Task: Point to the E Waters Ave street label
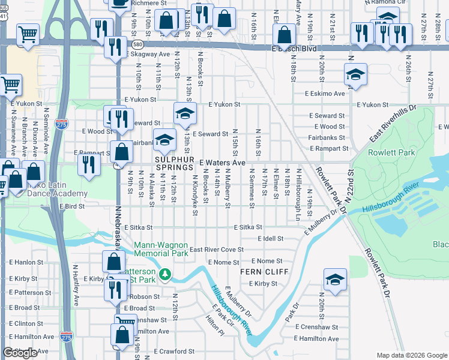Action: coord(223,163)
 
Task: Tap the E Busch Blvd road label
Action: coord(294,48)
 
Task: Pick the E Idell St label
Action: coord(274,239)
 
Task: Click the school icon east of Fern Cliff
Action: coord(335,279)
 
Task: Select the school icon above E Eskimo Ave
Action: coord(356,75)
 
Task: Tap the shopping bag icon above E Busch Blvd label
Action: coord(285,33)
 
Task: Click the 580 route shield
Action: coord(138,44)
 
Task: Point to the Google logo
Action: coord(20,353)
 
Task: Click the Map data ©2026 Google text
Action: coord(411,355)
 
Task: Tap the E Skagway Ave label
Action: coord(148,54)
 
